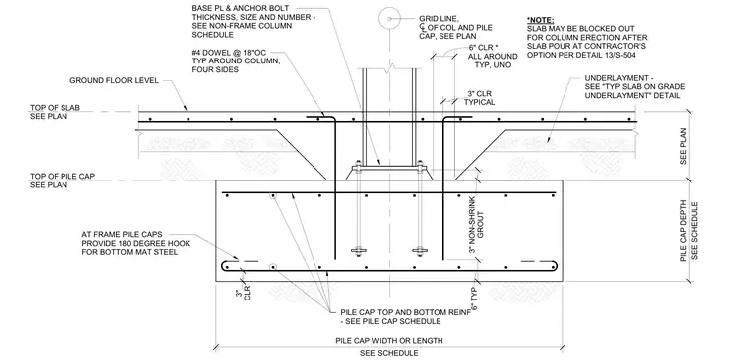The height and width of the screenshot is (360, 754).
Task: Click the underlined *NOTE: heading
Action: [x=540, y=20]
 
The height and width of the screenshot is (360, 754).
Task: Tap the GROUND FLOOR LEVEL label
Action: [x=114, y=80]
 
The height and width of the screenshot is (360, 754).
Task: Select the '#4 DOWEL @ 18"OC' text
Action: [x=224, y=53]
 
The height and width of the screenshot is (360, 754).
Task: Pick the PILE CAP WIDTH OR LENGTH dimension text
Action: [x=389, y=341]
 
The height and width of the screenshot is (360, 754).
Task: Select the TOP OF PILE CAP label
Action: [x=63, y=176]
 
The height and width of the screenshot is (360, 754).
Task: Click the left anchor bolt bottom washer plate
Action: [x=358, y=251]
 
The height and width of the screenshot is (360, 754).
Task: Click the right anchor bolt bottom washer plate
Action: [x=420, y=251]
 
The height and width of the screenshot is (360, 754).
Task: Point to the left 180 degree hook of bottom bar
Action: [x=225, y=266]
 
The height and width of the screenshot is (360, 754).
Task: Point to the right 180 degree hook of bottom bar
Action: [x=554, y=266]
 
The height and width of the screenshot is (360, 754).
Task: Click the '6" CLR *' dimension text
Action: [x=482, y=48]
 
